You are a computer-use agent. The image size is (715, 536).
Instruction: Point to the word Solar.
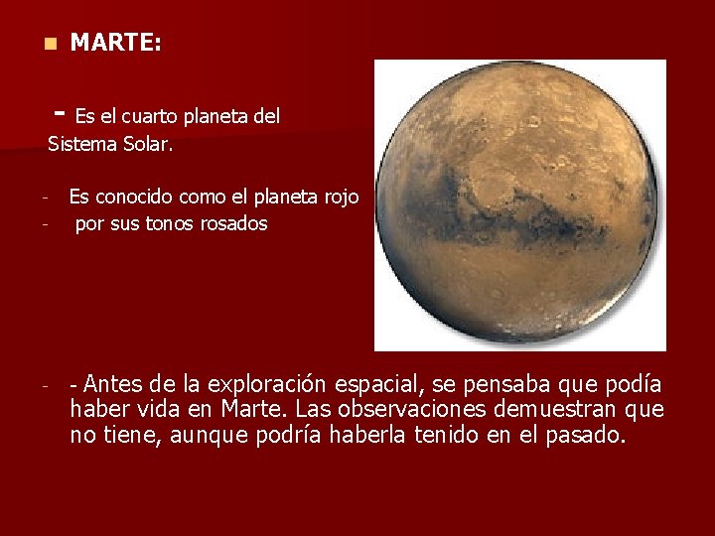point(147,144)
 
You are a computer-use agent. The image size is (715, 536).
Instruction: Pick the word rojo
point(342,198)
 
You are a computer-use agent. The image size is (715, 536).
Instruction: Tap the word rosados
point(232,223)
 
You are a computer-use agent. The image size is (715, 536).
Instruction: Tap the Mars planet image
point(519,204)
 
